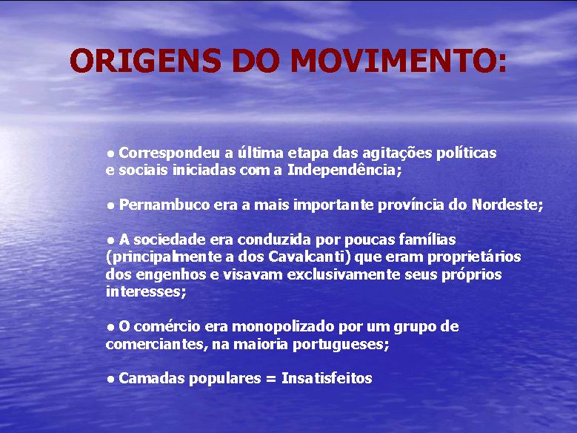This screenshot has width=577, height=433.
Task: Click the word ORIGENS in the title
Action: pos(145,61)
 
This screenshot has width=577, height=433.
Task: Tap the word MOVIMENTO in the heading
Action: pos(393,61)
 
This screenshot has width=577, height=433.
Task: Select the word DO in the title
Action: pos(256,61)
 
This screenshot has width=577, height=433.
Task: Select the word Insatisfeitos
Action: pos(327,378)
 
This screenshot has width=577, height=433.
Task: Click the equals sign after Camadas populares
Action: pos(270,379)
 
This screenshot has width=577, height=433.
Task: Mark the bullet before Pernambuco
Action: pos(110,206)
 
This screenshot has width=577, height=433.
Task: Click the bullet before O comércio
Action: pos(110,328)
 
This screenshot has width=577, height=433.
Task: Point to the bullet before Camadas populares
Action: pos(110,380)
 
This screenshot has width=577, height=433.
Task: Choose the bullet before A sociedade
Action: pos(110,241)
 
